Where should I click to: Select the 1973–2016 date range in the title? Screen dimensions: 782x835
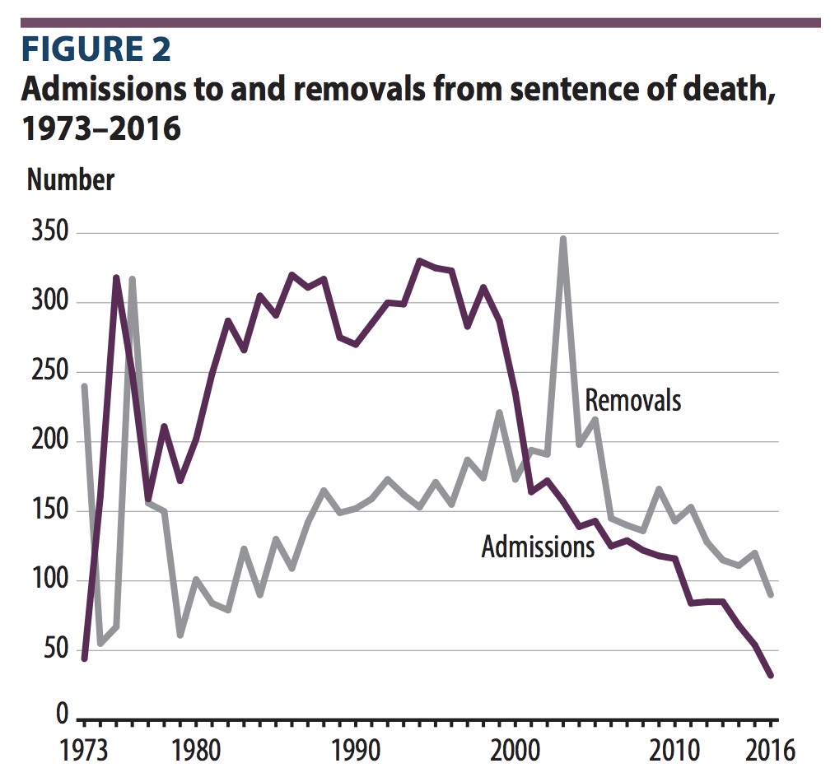[x=100, y=128]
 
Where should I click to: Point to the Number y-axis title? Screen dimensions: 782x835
[x=71, y=179]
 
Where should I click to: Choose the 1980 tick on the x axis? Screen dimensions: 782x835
[x=195, y=751]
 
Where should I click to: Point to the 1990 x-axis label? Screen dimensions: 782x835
[x=355, y=751]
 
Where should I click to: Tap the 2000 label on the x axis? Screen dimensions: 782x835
[x=515, y=751]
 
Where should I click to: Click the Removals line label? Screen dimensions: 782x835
[x=632, y=400]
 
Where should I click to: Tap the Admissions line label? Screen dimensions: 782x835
[x=538, y=547]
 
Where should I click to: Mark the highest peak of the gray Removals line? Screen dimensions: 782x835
[x=563, y=239]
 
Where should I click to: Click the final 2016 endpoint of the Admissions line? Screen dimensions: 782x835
[x=771, y=675]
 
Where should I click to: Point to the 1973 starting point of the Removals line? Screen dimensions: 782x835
[x=84, y=386]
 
